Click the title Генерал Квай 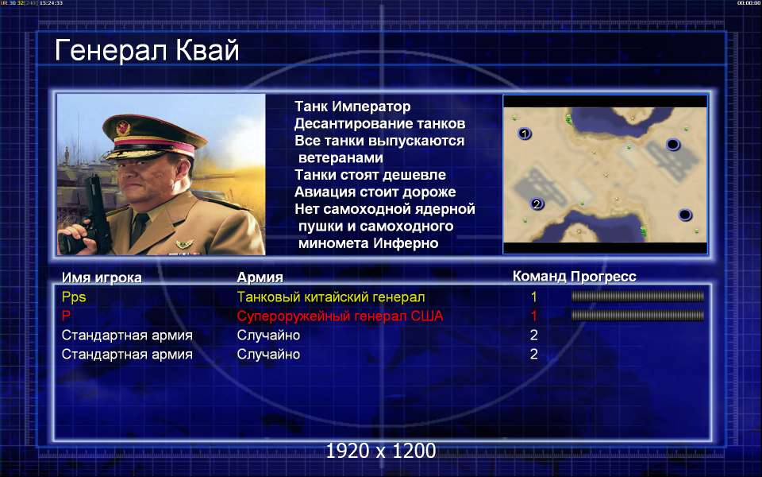click(147, 51)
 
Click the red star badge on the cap click(124, 128)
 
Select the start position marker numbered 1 click(524, 133)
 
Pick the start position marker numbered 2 click(537, 204)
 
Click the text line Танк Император click(352, 107)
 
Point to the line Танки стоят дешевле click(371, 175)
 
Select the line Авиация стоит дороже click(375, 192)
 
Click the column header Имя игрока click(102, 277)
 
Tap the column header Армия click(260, 277)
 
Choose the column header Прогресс click(603, 277)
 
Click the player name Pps click(74, 297)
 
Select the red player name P click(66, 316)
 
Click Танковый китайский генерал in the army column click(331, 297)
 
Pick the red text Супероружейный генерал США click(341, 316)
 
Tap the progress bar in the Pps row click(637, 296)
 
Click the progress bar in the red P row click(637, 316)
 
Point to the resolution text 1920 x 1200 click(381, 451)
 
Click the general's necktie click(140, 228)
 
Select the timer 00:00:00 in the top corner click(749, 3)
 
